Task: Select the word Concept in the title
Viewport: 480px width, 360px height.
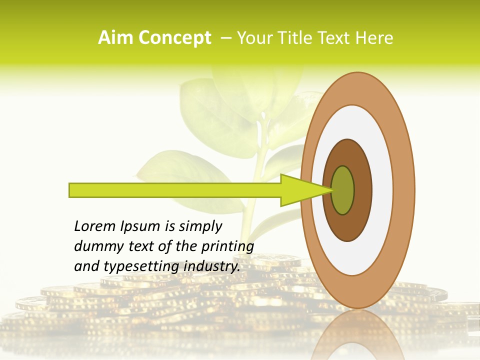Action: pyautogui.click(x=174, y=38)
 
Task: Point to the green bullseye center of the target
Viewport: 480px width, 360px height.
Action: pyautogui.click(x=343, y=190)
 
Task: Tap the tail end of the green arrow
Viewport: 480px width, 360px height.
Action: pyautogui.click(x=70, y=190)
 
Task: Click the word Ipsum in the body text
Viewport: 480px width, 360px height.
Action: pyautogui.click(x=140, y=227)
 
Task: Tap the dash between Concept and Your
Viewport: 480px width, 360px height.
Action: pyautogui.click(x=226, y=38)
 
